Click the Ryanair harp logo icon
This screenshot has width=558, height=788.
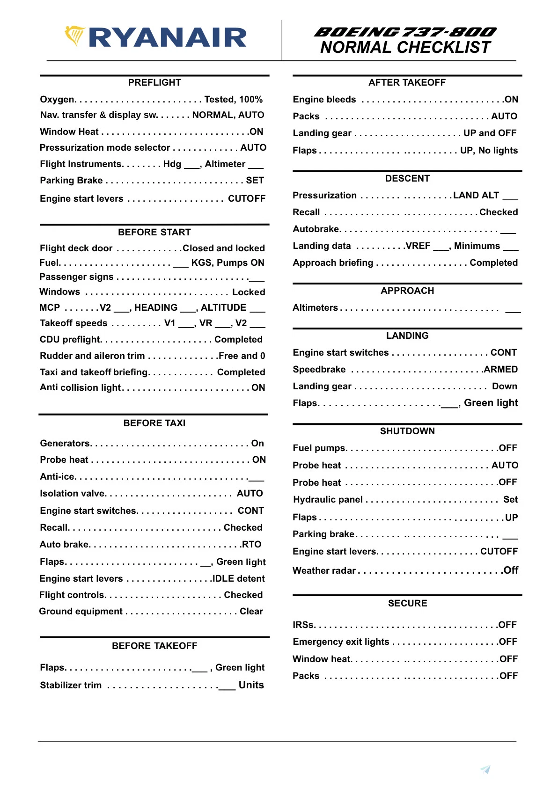(x=74, y=36)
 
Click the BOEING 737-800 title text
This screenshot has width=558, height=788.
(x=405, y=32)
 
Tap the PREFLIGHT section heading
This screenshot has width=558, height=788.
(x=154, y=82)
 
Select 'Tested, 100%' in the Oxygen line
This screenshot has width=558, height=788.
(x=233, y=99)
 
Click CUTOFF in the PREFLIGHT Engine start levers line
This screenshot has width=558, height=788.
(x=246, y=198)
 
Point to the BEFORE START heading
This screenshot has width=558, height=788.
(x=154, y=232)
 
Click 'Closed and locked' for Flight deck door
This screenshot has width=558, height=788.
(x=224, y=248)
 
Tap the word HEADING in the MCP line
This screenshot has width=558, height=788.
(x=156, y=307)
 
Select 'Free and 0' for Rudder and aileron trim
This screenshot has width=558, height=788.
(x=242, y=356)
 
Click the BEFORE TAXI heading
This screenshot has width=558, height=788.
(x=154, y=423)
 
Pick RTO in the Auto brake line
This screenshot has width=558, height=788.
(x=251, y=544)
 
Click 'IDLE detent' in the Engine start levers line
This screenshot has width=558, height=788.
(x=239, y=578)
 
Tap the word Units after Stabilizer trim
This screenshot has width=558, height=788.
(x=251, y=685)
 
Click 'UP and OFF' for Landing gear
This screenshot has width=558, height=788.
(x=490, y=133)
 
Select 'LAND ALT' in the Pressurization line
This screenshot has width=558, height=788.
(x=476, y=195)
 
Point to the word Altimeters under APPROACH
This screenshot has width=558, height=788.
(x=315, y=307)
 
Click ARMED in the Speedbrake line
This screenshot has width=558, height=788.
(x=501, y=369)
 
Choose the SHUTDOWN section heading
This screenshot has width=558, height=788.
(x=407, y=431)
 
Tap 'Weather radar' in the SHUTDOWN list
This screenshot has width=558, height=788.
(x=324, y=570)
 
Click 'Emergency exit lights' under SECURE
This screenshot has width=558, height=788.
(x=341, y=642)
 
